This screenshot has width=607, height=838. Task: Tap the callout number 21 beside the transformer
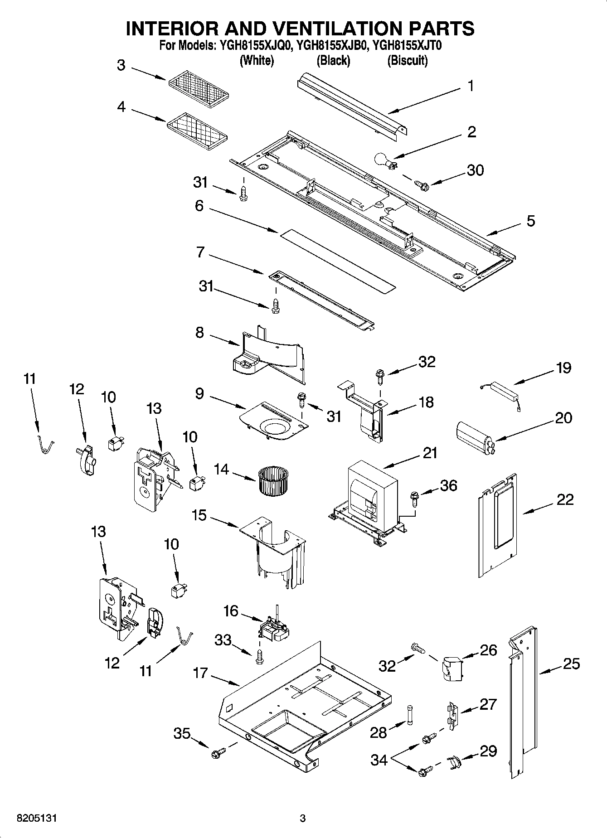point(429,452)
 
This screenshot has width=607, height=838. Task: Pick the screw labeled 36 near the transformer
point(414,497)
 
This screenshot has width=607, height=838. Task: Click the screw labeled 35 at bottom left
point(217,754)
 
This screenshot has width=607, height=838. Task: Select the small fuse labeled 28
point(411,715)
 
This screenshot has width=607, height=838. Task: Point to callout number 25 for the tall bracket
point(571,664)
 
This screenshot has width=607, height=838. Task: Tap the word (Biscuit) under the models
point(407,60)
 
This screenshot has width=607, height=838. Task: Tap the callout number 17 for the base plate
point(200,673)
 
